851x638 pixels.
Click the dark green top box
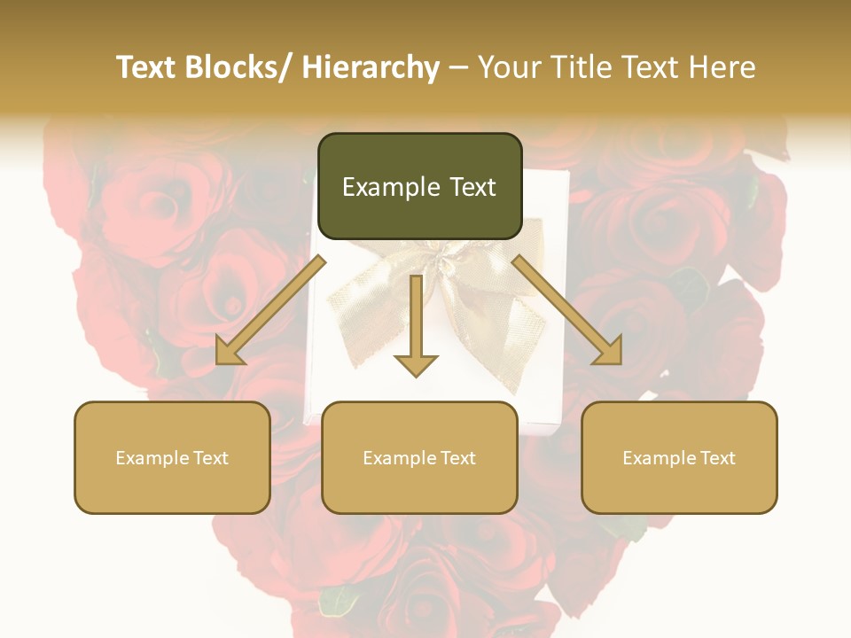coord(419,186)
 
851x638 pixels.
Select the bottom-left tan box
coord(172,457)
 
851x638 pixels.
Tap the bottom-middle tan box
coord(419,457)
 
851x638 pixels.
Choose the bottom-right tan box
coord(679,457)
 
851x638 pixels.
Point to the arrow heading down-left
coord(270,310)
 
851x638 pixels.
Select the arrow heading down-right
coord(567,310)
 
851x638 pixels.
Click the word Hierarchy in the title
coord(371,67)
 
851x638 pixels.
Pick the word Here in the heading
coord(719,67)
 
